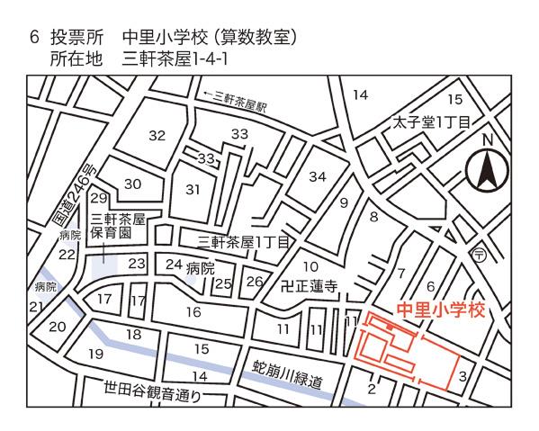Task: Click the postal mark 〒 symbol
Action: coord(481,254)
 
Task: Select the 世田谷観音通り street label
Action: coord(146,392)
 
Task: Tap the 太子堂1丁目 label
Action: coord(431,123)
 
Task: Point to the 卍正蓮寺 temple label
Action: coord(310,289)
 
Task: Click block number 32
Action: coord(157,136)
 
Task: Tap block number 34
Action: coord(318,176)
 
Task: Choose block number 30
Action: coord(133,184)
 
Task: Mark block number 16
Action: coord(193,312)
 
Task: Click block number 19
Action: coord(96,354)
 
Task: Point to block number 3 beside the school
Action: coord(463,376)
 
